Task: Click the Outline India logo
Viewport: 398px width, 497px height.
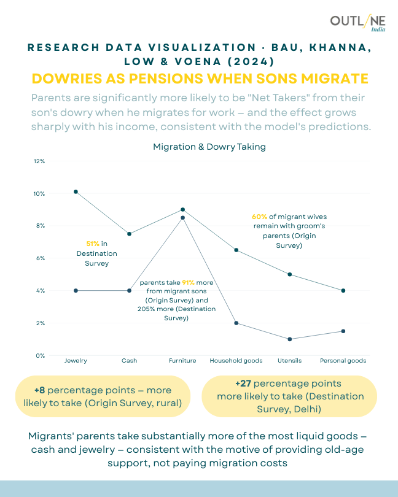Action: (x=357, y=24)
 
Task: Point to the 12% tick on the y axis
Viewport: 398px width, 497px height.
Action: (x=39, y=161)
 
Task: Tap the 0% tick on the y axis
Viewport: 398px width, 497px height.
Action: (x=41, y=355)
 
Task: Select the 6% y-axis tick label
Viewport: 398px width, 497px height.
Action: (x=41, y=258)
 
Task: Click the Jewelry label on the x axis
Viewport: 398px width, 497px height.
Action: (x=76, y=361)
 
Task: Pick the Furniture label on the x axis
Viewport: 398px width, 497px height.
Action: (x=182, y=361)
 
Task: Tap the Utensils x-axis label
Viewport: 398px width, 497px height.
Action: (x=290, y=361)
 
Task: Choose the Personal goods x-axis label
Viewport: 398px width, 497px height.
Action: (x=343, y=361)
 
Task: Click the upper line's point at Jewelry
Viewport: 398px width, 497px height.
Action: (x=76, y=191)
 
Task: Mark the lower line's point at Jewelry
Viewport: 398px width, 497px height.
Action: (x=76, y=290)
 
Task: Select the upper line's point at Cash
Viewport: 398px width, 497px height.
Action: (x=129, y=234)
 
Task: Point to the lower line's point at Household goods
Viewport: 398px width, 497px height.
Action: (x=236, y=323)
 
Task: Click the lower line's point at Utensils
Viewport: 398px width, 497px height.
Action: (x=290, y=339)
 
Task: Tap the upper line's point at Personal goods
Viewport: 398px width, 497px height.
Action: (x=343, y=290)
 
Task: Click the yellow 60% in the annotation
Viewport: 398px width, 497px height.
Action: (x=259, y=217)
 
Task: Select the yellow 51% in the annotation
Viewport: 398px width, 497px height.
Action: (x=89, y=244)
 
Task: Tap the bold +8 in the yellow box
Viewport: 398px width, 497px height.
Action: (x=40, y=390)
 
